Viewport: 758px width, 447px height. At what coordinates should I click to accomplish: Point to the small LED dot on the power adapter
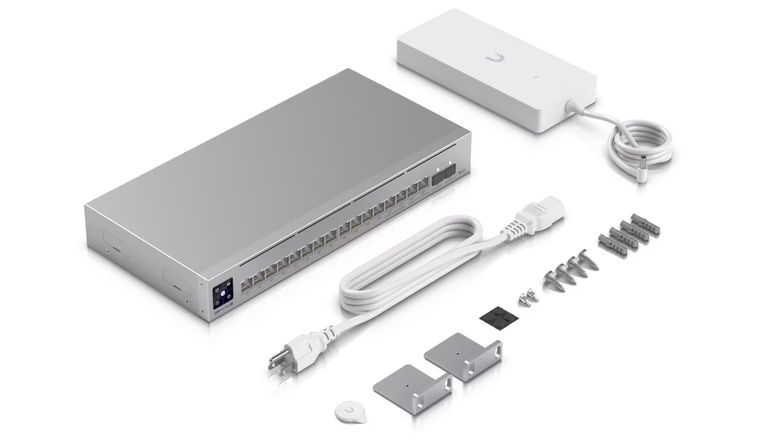point(537,78)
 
